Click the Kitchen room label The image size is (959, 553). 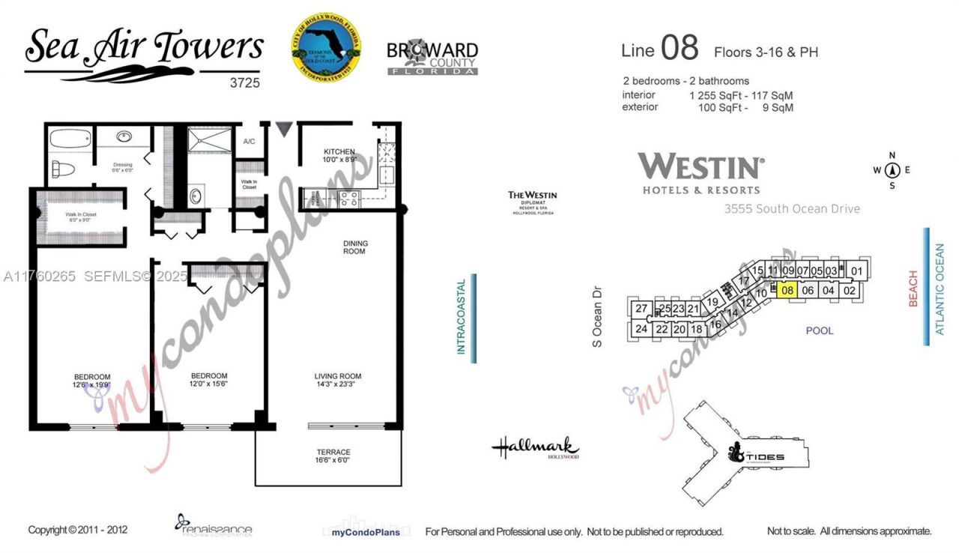pos(339,156)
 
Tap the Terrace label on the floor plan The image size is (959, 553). pos(333,457)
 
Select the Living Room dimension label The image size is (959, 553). pos(338,381)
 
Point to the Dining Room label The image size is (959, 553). pos(354,247)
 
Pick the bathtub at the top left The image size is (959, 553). pos(70,139)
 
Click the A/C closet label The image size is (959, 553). pos(249,142)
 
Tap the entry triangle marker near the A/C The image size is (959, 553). pos(283,129)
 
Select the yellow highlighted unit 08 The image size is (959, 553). pos(787,291)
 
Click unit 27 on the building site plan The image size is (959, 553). pos(641,309)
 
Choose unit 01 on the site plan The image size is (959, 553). pos(858,271)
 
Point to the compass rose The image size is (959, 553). pos(892,170)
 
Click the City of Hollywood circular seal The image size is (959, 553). pos(326,46)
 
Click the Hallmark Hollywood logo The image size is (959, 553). pos(535,449)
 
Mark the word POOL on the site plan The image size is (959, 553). pos(819,330)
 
